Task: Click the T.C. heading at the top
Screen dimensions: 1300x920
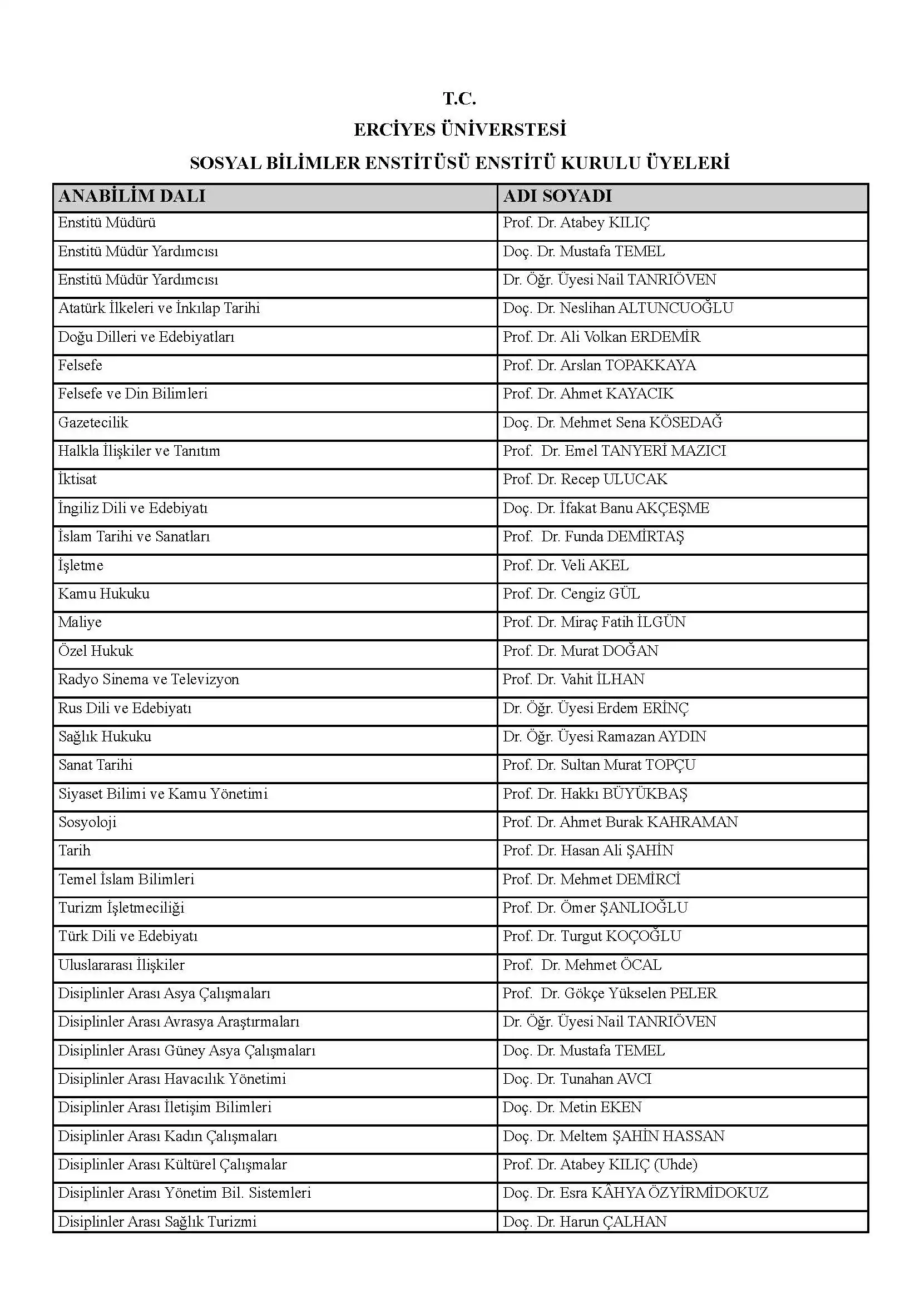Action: (459, 99)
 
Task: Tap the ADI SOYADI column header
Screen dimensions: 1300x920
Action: (557, 196)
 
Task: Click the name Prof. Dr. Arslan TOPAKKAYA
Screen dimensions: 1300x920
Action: (600, 365)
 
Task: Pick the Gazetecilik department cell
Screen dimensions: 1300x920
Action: (93, 422)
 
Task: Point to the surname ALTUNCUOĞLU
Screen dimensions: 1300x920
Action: (675, 308)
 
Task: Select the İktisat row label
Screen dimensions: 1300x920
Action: (78, 480)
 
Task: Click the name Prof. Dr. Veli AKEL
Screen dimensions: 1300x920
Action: (566, 565)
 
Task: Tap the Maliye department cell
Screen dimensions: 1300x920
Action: (80, 622)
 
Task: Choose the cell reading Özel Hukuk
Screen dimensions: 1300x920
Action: (96, 651)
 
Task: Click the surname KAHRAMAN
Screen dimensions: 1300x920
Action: (693, 822)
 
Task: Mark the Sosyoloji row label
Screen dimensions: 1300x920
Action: (87, 822)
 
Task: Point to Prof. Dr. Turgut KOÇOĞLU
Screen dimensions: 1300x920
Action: (592, 936)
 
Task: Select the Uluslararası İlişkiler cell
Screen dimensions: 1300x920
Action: (122, 965)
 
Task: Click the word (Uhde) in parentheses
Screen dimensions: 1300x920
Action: (676, 1164)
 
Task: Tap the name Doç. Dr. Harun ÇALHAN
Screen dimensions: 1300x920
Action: (585, 1221)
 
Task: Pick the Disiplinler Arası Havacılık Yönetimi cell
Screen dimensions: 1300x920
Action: (172, 1079)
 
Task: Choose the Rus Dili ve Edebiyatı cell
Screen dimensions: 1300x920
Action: (125, 708)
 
